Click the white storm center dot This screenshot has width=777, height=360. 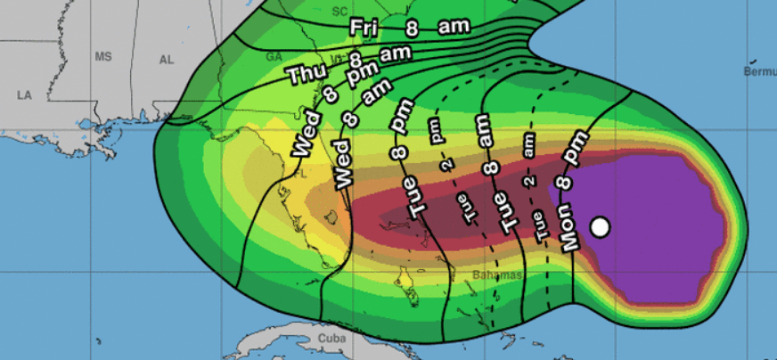601,227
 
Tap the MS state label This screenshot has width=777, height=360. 104,57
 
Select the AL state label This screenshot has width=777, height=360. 166,60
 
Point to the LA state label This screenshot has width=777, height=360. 25,94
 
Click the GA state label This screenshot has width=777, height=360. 274,56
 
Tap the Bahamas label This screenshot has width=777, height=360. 497,275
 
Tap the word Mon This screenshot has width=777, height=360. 572,230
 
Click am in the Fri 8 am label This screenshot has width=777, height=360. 454,28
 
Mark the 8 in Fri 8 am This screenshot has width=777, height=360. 412,29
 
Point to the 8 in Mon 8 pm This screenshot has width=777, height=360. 564,184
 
